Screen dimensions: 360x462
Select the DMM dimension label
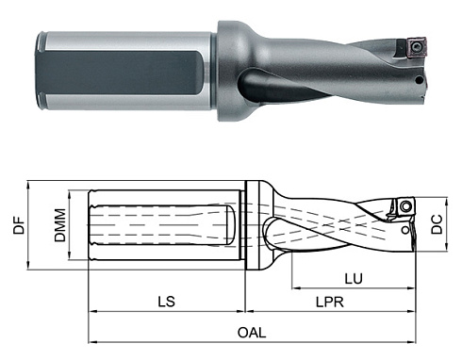coord(59,226)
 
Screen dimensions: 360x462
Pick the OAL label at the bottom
coord(252,332)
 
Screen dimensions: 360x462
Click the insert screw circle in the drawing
coord(406,205)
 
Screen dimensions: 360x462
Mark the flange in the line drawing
coord(251,226)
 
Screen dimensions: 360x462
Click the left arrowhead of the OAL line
coord(91,340)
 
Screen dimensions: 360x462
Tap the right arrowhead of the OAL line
coord(414,340)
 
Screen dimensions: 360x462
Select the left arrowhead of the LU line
coord(294,287)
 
